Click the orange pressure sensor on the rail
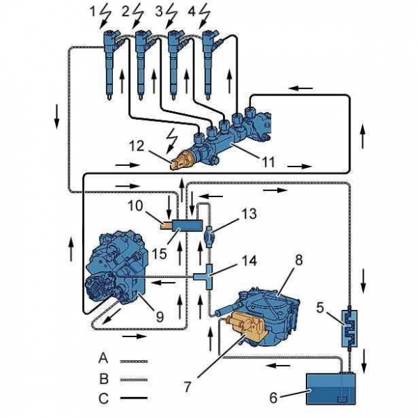click(x=182, y=157)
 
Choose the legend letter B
click(x=103, y=380)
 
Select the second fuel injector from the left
click(x=143, y=59)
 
